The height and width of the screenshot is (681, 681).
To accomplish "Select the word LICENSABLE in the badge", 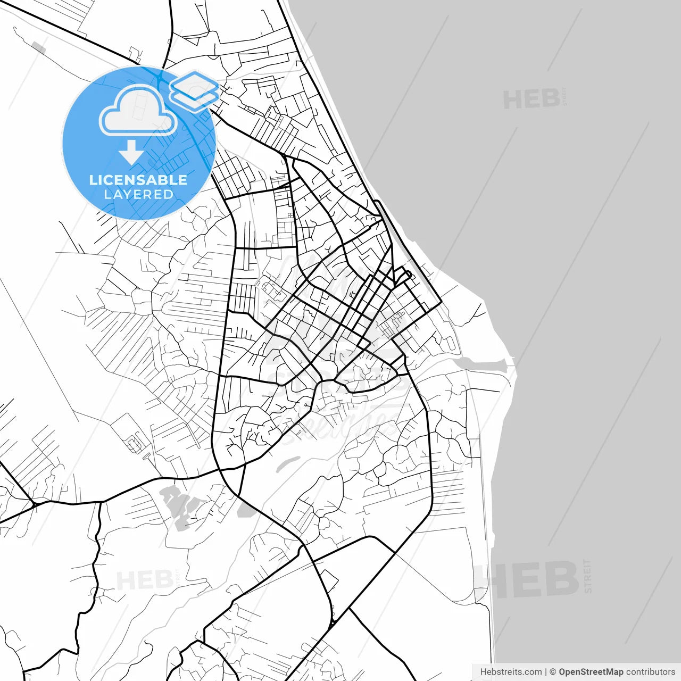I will (x=138, y=180).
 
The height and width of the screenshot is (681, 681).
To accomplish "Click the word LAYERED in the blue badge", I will (x=138, y=195).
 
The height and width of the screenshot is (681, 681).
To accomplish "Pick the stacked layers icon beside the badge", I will (x=194, y=90).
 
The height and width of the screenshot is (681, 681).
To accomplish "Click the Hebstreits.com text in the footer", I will (x=511, y=672).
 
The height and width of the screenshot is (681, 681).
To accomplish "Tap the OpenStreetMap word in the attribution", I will (x=591, y=672).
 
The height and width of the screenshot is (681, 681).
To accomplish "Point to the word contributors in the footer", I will (x=650, y=672).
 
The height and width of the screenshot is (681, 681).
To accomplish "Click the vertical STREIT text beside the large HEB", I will (x=587, y=576).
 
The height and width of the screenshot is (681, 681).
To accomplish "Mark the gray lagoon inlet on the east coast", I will (x=481, y=365).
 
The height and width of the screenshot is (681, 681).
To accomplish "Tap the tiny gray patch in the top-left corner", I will (x=39, y=47).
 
